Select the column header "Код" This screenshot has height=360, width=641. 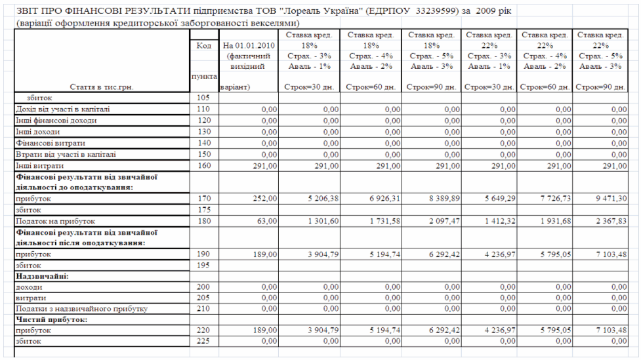pos(203,46)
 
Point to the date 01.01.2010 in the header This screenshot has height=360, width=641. pos(255,46)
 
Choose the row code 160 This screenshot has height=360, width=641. pos(203,165)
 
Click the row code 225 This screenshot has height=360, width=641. pos(203,342)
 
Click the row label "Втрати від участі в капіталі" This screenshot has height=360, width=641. pos(65,154)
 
